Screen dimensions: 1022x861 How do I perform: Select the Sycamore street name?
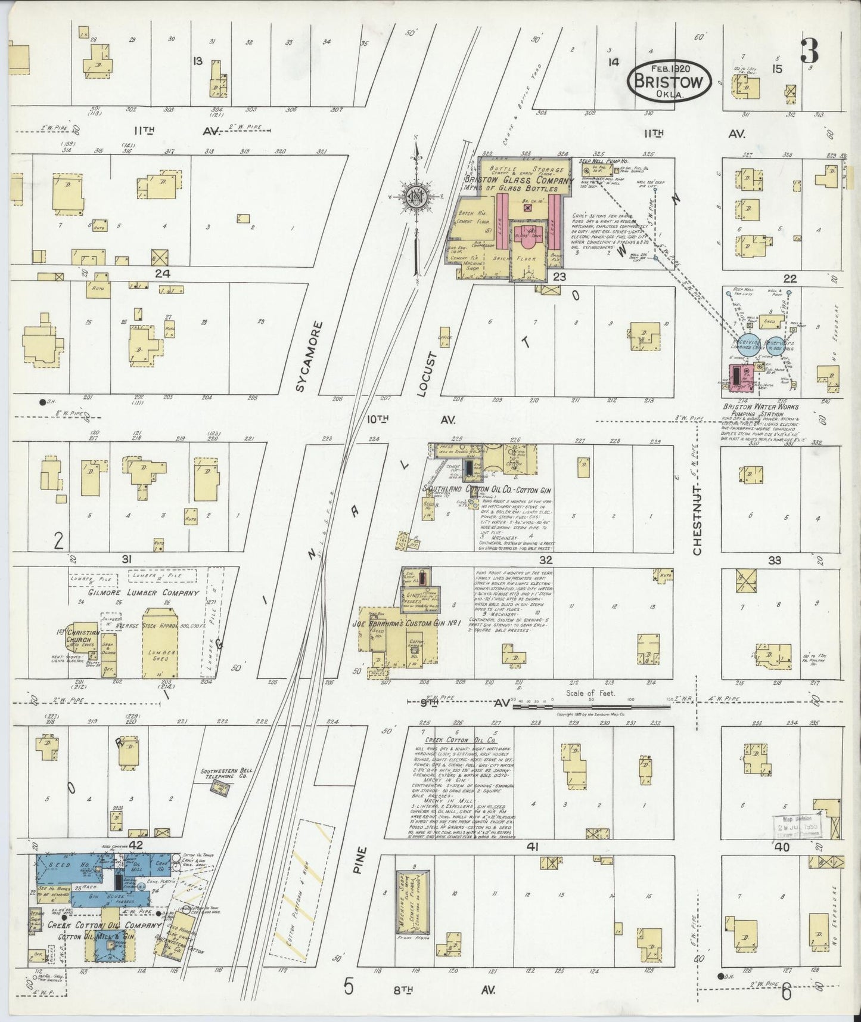click(x=301, y=356)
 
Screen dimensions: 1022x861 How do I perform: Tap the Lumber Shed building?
click(x=161, y=643)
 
